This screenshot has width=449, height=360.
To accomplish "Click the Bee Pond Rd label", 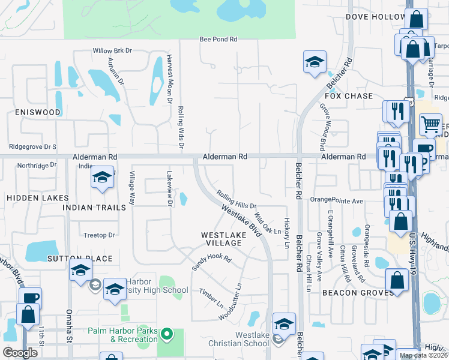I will click(x=218, y=40).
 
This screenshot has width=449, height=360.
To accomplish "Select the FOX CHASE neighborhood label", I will click(x=349, y=96).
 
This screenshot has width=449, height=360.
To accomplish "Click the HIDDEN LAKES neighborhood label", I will click(x=31, y=197).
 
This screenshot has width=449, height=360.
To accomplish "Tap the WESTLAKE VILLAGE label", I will click(x=221, y=239).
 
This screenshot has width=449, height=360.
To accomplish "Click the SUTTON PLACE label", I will click(x=80, y=259).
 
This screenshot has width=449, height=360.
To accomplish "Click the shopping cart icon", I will click(x=430, y=124).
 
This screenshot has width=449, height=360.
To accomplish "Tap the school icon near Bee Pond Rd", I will click(x=314, y=62).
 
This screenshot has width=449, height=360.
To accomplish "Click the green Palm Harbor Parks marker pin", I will click(x=169, y=333).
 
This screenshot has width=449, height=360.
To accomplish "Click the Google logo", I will click(x=20, y=353).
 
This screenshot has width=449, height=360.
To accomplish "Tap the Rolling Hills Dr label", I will click(x=237, y=200).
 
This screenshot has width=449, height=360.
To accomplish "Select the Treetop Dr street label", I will click(x=98, y=235).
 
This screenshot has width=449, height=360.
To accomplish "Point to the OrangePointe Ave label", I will click(x=337, y=200).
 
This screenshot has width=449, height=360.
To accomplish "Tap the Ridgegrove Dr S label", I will click(x=33, y=146).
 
